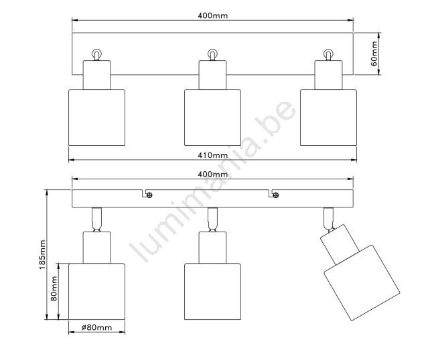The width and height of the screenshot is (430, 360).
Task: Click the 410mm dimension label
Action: point(212,155)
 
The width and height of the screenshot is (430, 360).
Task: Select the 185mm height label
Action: point(42,255)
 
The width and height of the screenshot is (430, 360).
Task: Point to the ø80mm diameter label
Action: point(97,327)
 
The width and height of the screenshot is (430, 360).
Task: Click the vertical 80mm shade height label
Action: point(54,288)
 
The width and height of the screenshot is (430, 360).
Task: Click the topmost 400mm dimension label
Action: point(212,15)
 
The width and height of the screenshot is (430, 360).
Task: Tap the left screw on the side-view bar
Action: point(149,195)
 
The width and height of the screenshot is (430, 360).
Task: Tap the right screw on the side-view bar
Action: point(276,195)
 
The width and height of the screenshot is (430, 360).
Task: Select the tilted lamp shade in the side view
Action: point(362,283)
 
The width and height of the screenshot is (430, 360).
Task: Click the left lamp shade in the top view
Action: point(96,117)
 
